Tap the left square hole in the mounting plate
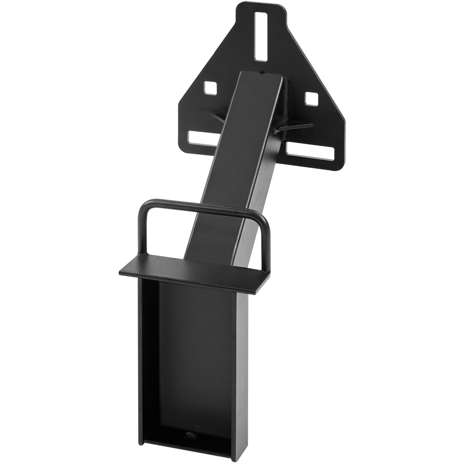210,88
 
